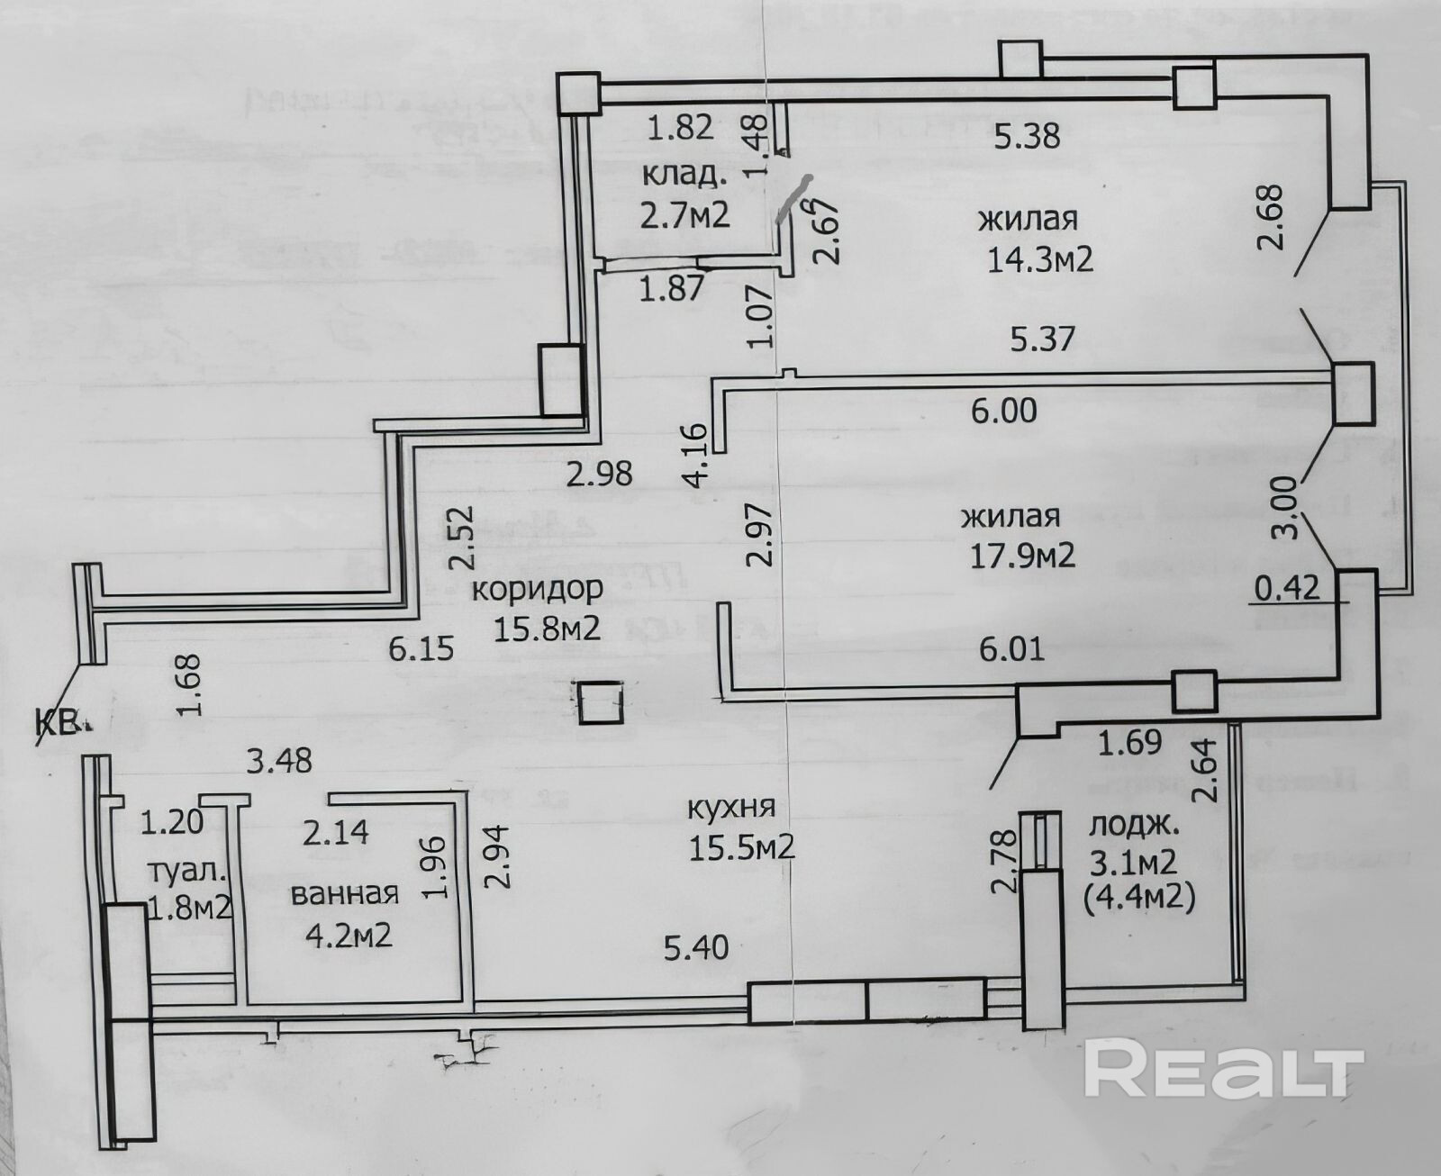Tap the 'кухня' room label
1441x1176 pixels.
(x=730, y=808)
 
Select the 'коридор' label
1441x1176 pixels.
(x=537, y=590)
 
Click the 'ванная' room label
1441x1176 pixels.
(x=344, y=894)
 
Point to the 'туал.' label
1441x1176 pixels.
(x=186, y=872)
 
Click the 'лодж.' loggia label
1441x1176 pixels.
(x=1133, y=827)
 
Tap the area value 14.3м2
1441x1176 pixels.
(x=1039, y=260)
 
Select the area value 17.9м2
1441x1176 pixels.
(x=1021, y=556)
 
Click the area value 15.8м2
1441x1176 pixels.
(x=546, y=628)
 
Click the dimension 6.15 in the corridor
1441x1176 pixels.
(x=421, y=648)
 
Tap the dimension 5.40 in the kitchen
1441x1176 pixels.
(x=695, y=947)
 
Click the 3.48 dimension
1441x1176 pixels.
(x=279, y=761)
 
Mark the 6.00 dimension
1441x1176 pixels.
(x=1003, y=412)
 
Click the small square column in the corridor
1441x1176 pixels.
(x=599, y=703)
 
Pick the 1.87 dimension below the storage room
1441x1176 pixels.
(x=670, y=290)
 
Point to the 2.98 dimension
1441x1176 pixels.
(x=599, y=473)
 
